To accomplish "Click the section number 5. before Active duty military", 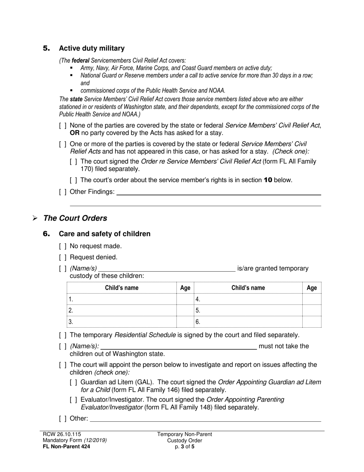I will click(46, 48).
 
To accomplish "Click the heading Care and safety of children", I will click(104, 234).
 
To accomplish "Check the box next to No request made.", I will click(63, 246).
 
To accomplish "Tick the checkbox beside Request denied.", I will click(63, 257).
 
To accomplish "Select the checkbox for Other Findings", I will click(63, 192).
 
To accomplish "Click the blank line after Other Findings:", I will click(218, 193).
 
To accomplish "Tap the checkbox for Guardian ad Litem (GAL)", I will click(74, 383).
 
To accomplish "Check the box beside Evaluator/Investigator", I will click(74, 400).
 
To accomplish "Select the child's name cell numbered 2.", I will click(121, 310).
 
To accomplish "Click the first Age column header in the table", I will click(185, 288).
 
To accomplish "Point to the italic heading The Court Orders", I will click(75, 218).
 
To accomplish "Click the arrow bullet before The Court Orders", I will click(35, 218).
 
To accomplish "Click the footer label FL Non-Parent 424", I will click(67, 446).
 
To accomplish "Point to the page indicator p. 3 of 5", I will click(184, 446).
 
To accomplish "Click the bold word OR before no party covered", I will click(75, 133).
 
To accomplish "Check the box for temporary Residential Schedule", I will click(63, 335).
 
